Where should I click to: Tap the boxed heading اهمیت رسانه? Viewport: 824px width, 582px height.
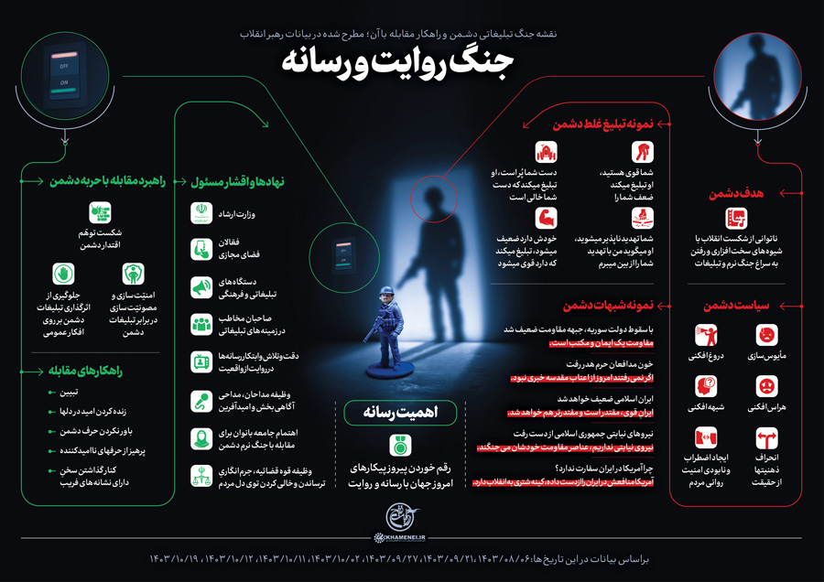[399, 414]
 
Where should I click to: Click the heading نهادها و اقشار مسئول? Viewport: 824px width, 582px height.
[240, 181]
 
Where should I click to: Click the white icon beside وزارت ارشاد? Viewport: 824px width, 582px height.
[201, 212]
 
